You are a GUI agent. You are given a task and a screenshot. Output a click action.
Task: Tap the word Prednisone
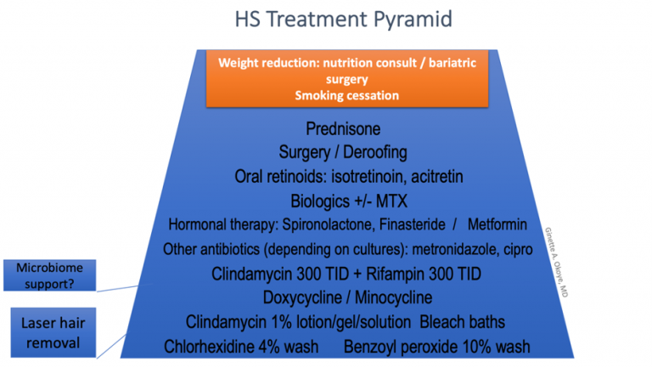point(343,129)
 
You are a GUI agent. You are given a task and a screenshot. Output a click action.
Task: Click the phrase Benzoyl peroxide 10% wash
point(436,346)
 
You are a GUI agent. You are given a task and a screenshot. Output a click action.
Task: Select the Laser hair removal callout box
point(50,331)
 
